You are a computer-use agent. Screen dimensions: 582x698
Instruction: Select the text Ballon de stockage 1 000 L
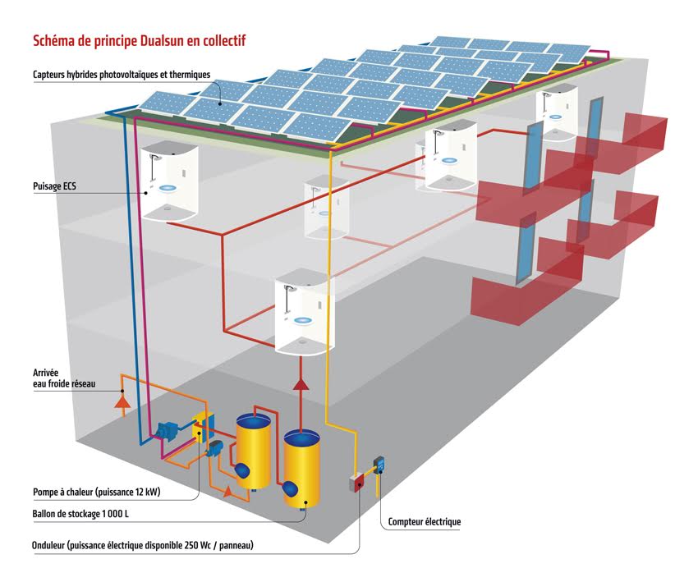pyautogui.click(x=79, y=514)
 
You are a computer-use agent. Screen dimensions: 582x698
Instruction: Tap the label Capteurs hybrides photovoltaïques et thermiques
pyautogui.click(x=122, y=75)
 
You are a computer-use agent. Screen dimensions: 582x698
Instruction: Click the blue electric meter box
pyautogui.click(x=380, y=467)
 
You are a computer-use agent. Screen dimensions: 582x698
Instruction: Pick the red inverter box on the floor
pyautogui.click(x=357, y=482)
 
